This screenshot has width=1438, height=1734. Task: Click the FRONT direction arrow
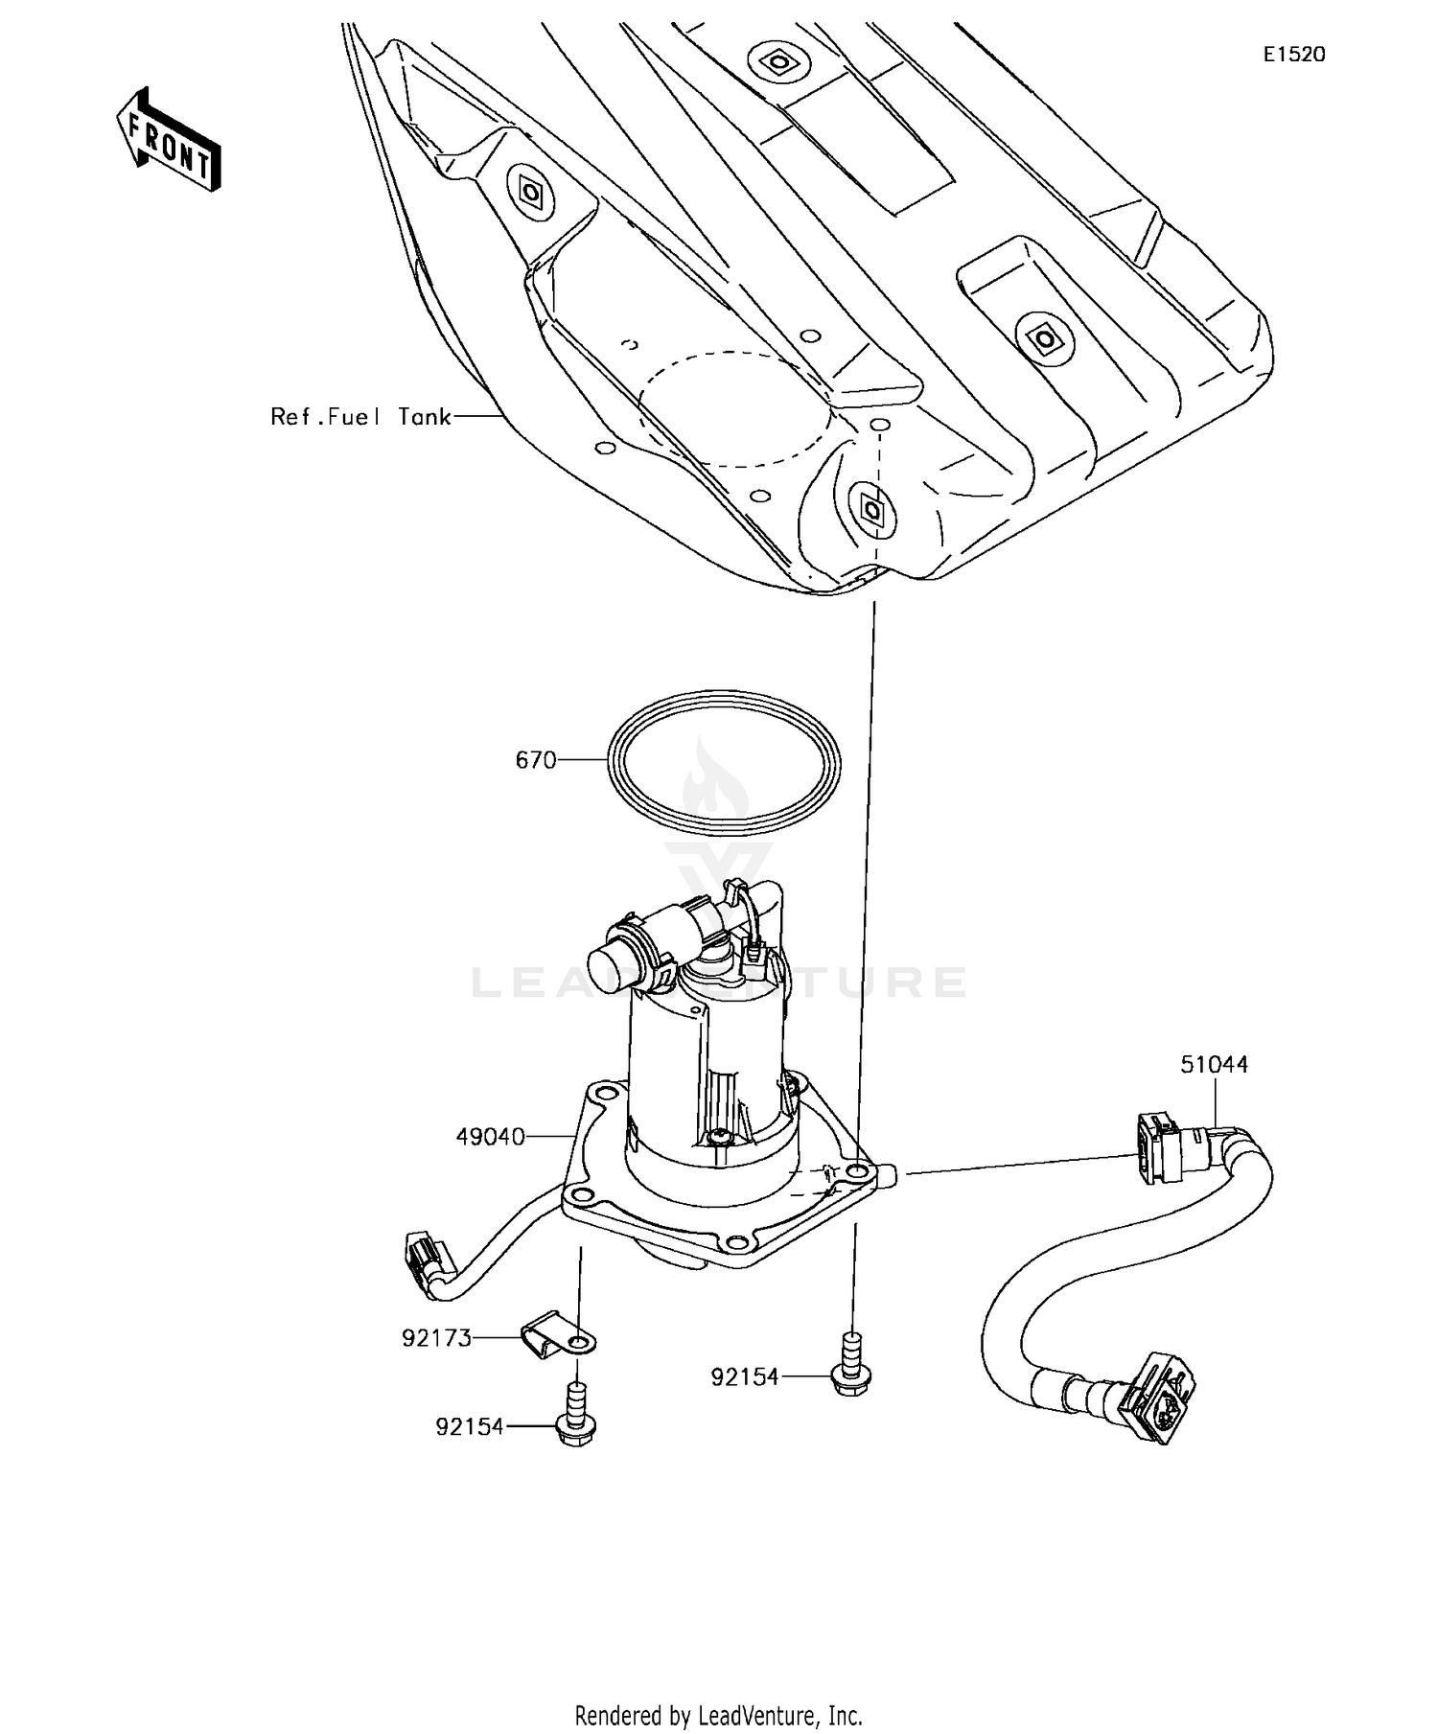pos(169,139)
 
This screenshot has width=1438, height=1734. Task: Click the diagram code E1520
pos(1293,55)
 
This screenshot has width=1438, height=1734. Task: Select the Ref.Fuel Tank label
pos(360,417)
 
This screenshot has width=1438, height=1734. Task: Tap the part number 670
pos(536,760)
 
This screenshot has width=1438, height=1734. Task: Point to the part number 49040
pos(490,1137)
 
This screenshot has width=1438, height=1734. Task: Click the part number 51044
pos(1214,1064)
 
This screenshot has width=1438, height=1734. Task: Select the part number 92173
pos(437,1338)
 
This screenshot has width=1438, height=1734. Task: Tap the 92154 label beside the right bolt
pos(745,1377)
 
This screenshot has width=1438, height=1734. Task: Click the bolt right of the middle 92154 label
pos(850,1367)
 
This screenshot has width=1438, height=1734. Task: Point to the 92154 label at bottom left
pos(470,1427)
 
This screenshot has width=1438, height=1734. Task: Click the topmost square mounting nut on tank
pos(775,62)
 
